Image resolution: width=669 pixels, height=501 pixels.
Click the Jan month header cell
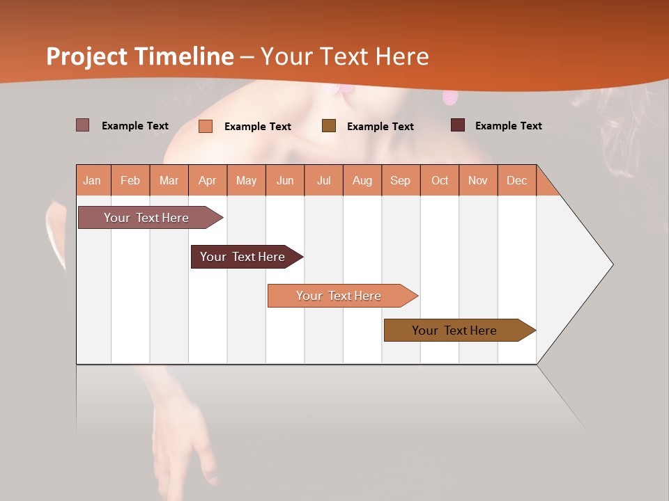[93, 180]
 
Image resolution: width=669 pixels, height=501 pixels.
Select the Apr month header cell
[208, 180]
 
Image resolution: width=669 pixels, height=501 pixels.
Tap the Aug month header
[362, 180]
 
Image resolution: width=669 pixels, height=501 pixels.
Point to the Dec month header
[517, 180]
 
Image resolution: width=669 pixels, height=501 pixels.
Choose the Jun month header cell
[285, 180]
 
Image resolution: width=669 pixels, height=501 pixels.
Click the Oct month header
[440, 180]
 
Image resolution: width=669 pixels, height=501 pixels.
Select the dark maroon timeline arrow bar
[244, 257]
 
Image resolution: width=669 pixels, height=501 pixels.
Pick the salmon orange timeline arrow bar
[339, 296]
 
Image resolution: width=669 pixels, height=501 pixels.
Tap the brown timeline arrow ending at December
[456, 331]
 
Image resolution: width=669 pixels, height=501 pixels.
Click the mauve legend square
[82, 125]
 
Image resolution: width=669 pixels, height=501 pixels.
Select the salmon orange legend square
[206, 126]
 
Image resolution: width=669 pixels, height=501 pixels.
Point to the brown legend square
[329, 126]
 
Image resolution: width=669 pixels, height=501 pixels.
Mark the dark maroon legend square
[458, 125]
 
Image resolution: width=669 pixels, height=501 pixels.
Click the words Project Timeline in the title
[139, 56]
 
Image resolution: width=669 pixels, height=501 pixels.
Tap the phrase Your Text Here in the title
[344, 56]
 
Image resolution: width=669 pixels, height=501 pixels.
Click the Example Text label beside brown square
[380, 127]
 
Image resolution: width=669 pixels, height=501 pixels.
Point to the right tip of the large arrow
[611, 264]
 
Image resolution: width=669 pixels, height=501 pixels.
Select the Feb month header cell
[130, 180]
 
